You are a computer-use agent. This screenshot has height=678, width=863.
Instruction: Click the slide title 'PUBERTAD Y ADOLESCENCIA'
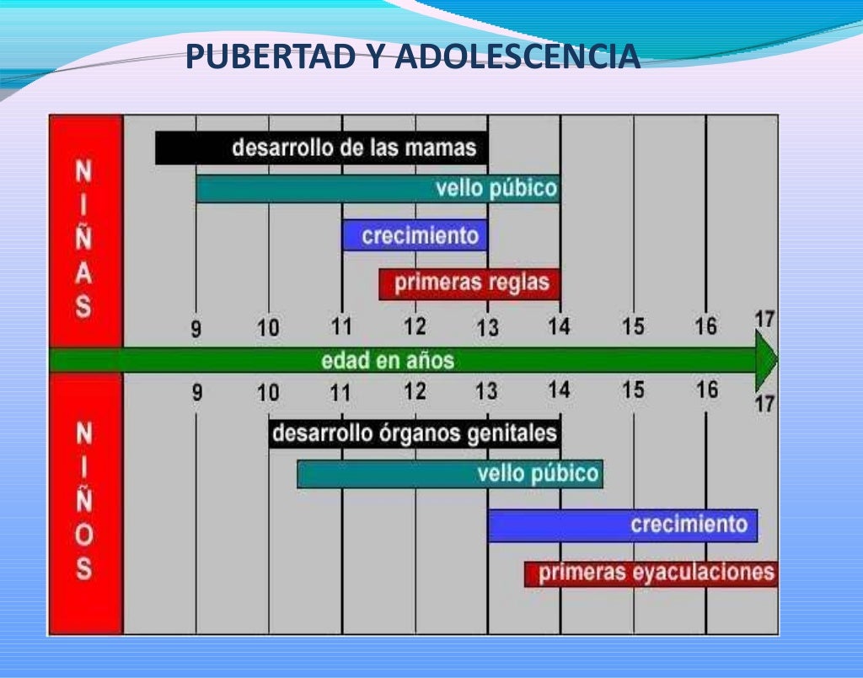tap(412, 57)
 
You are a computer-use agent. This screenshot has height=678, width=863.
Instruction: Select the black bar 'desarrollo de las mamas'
tap(321, 148)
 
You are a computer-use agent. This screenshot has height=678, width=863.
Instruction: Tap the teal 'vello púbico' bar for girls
tap(378, 188)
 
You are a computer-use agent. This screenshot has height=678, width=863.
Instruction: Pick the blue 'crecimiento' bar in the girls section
tap(415, 235)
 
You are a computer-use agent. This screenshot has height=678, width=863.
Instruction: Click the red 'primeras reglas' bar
tap(469, 283)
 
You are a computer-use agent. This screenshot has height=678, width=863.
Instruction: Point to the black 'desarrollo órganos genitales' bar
tap(415, 433)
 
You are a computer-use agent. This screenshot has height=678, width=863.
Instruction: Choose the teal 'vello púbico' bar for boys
tap(450, 473)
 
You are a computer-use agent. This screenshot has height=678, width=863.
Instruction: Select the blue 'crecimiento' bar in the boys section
tap(622, 525)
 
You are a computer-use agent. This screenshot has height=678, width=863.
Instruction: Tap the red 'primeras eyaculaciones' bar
tap(651, 573)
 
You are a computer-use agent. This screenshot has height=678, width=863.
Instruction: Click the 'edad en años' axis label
tap(388, 360)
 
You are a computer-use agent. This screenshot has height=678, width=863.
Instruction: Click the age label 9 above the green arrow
tap(196, 329)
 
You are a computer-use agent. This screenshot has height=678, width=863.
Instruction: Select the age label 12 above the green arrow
tap(415, 326)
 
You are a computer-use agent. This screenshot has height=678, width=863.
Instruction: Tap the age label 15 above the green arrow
tap(633, 326)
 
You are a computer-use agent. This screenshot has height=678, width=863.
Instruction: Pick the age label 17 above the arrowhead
tap(764, 320)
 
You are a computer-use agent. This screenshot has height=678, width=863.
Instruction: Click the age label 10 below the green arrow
tap(268, 392)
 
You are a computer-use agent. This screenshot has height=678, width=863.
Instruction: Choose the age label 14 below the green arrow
tap(559, 390)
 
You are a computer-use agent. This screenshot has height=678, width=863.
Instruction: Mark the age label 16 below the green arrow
tap(707, 390)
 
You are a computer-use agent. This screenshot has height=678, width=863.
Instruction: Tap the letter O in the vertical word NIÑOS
tap(83, 535)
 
